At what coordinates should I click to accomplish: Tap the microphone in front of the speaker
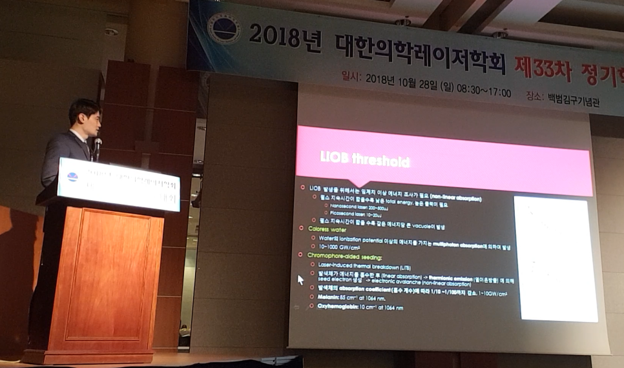click(x=98, y=145)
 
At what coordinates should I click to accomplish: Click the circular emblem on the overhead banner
click(x=224, y=28)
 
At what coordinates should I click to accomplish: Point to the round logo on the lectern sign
click(x=72, y=176)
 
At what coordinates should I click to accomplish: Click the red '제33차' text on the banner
click(x=543, y=68)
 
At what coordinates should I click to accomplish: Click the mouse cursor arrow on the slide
click(x=300, y=280)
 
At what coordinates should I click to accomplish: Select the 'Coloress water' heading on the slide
click(x=326, y=228)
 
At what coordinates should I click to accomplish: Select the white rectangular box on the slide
click(x=554, y=258)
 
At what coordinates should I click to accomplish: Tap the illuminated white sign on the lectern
click(x=119, y=185)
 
